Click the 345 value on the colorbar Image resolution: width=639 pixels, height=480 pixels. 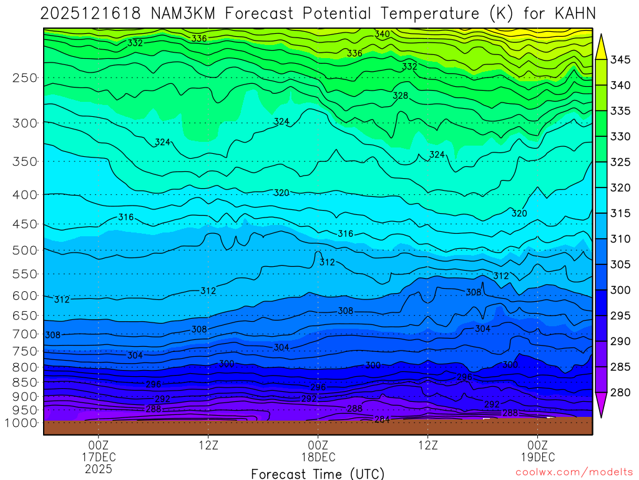point(620,60)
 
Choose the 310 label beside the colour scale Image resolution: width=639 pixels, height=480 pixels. point(620,239)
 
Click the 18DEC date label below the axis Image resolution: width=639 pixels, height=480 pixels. point(318,457)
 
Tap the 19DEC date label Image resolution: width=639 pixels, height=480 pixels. point(538,457)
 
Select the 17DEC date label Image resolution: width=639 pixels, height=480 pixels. point(99,457)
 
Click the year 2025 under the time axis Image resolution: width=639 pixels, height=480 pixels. point(99,468)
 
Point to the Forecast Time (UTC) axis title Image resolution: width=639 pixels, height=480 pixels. point(318,474)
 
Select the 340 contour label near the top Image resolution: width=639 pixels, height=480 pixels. point(382,34)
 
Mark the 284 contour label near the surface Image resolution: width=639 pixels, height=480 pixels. point(382,419)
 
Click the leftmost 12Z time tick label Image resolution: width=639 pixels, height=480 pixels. point(208,446)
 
